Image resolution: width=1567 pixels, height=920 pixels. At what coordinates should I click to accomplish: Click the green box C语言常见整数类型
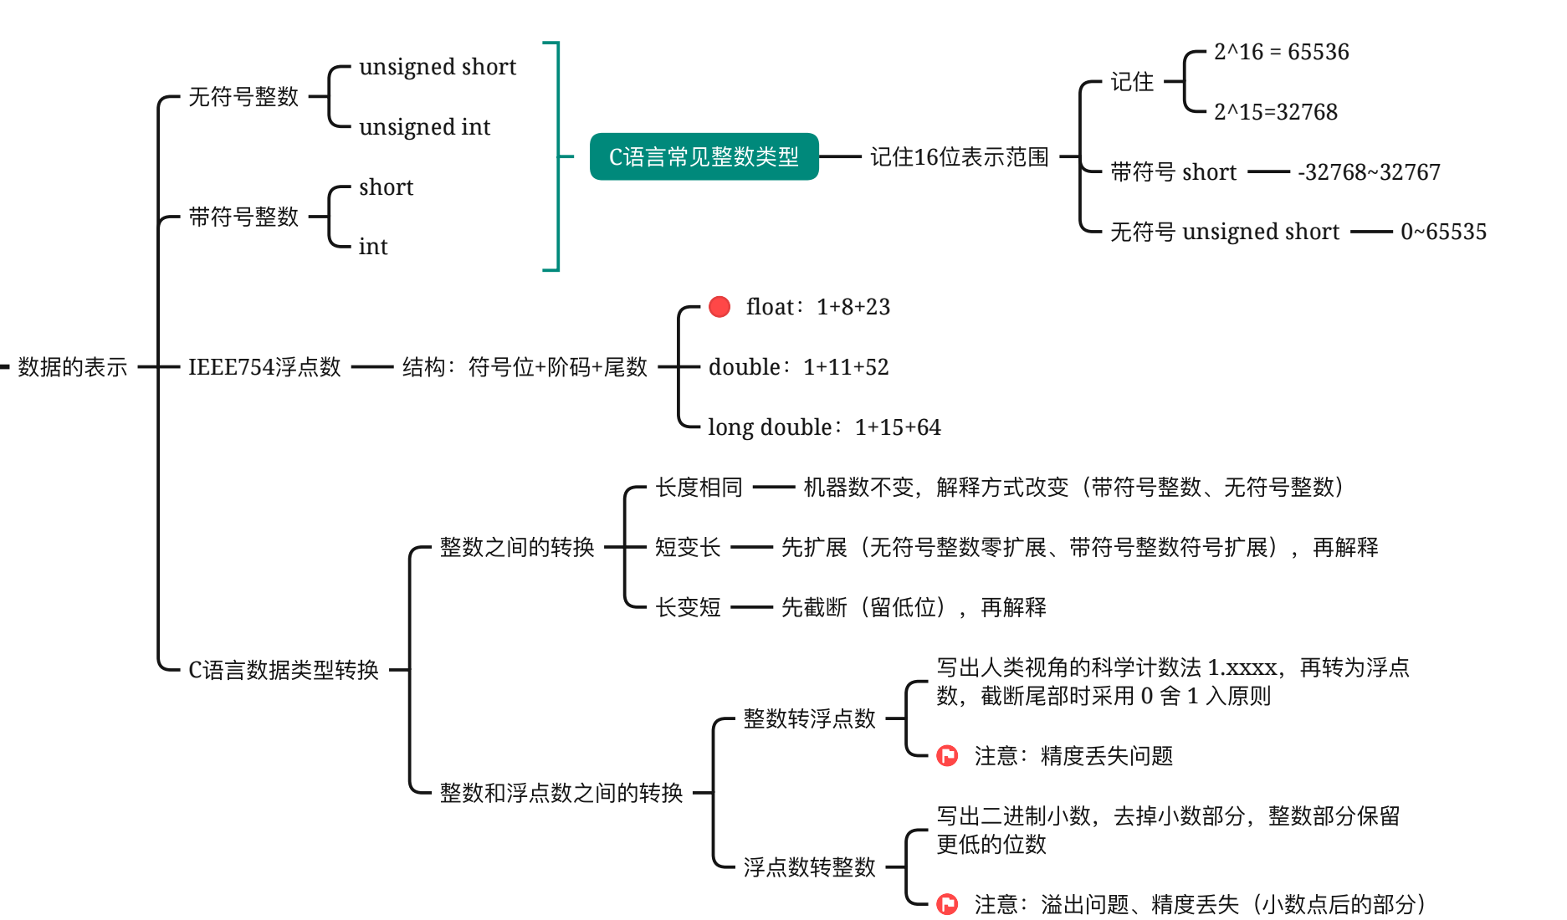704,156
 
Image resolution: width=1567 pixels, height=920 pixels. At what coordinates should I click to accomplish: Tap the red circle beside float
719,307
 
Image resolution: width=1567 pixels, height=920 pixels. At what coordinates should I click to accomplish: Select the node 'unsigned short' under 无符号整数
438,67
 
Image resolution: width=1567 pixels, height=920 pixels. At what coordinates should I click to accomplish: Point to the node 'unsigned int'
424,127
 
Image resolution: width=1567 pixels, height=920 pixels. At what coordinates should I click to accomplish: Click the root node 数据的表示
73,366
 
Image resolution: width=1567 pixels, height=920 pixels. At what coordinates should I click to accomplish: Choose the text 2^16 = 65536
1281,52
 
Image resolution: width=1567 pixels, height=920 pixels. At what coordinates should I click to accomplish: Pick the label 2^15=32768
1275,112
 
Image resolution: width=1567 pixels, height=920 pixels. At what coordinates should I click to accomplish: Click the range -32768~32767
1369,172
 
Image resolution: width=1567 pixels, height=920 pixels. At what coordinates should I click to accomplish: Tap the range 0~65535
1443,232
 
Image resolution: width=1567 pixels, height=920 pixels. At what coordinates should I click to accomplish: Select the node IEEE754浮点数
264,366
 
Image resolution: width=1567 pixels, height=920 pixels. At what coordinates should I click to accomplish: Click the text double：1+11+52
798,367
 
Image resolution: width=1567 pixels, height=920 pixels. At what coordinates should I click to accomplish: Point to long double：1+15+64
824,427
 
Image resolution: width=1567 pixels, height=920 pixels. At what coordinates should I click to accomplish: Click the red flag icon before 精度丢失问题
947,756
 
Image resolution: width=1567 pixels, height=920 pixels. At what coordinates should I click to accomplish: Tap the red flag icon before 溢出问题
947,904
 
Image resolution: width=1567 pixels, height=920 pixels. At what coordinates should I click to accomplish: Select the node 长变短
688,607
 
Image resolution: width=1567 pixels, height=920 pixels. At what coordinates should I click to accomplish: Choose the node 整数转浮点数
809,718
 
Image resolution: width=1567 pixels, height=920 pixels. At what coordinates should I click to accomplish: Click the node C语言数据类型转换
284,670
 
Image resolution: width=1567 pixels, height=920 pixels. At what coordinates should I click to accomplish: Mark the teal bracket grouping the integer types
556,156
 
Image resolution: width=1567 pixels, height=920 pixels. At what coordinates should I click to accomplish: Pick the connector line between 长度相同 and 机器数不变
773,487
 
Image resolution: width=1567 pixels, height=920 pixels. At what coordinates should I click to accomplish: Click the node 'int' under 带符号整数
373,247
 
